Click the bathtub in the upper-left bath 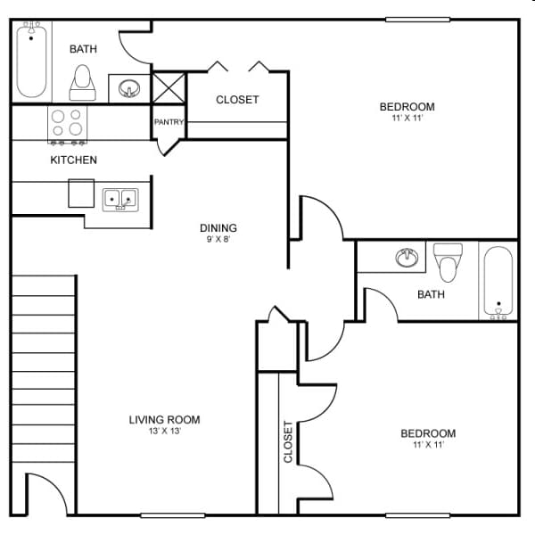click(x=31, y=61)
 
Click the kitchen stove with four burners click(x=67, y=124)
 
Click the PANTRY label click(x=169, y=122)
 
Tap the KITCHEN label click(x=73, y=160)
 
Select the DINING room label click(x=218, y=228)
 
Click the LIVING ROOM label click(x=164, y=420)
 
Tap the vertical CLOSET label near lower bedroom click(x=288, y=441)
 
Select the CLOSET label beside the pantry click(x=237, y=100)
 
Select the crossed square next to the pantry click(x=167, y=87)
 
